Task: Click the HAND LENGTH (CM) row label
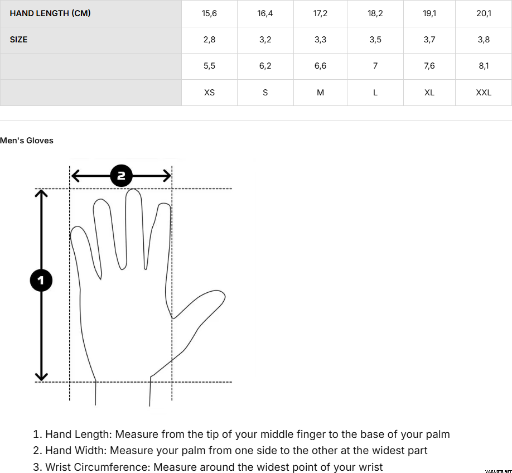pos(50,13)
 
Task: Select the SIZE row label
pos(18,40)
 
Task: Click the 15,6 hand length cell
pos(209,13)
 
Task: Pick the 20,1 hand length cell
pos(484,13)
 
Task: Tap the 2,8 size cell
pos(209,40)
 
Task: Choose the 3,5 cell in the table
pos(375,40)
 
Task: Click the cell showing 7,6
pos(429,66)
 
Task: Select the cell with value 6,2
pos(265,66)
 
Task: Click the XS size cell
pos(209,93)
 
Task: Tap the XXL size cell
pos(484,93)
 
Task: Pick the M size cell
pos(320,93)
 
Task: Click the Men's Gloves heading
pos(26,141)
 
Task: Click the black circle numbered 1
pos(41,280)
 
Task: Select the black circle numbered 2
pos(121,176)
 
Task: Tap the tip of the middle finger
pos(133,189)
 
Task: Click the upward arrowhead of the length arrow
pos(41,193)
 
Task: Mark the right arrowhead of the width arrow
pos(167,176)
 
